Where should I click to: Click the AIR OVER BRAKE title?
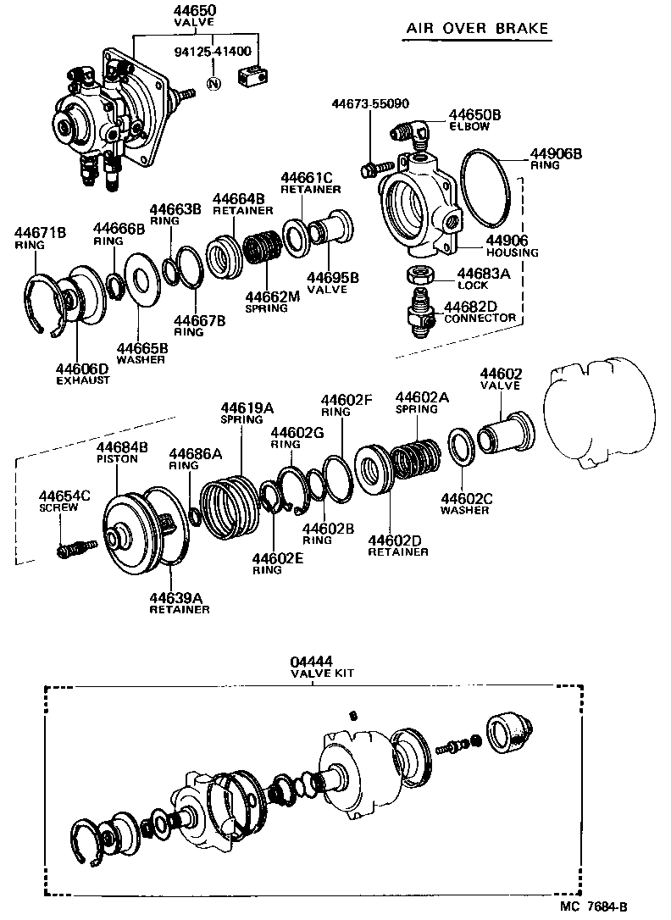tap(477, 29)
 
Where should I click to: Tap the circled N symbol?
tap(213, 82)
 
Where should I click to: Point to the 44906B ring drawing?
tap(485, 193)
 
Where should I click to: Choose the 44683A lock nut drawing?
tap(420, 275)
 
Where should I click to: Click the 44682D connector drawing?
tap(418, 311)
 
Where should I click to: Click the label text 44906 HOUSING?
tap(512, 246)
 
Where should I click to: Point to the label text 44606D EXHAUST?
tap(83, 374)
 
